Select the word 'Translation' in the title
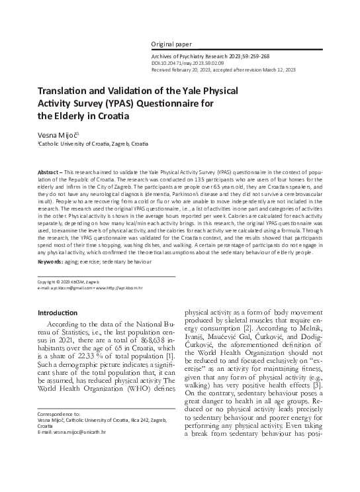click(64, 93)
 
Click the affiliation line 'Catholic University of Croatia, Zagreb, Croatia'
click(93, 143)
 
